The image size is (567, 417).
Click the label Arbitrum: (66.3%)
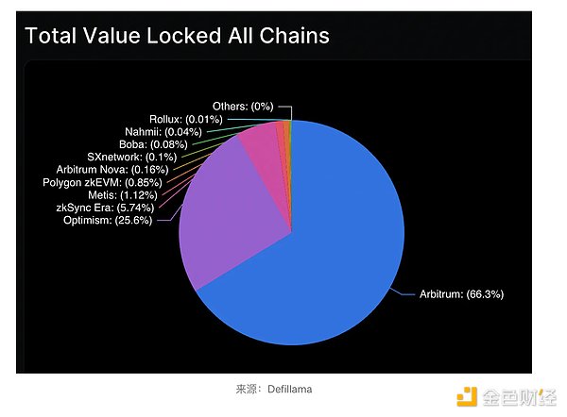point(462,295)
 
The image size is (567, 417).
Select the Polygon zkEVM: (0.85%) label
point(103,181)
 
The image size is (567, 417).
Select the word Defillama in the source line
point(288,389)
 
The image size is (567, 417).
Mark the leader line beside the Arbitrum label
point(405,294)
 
